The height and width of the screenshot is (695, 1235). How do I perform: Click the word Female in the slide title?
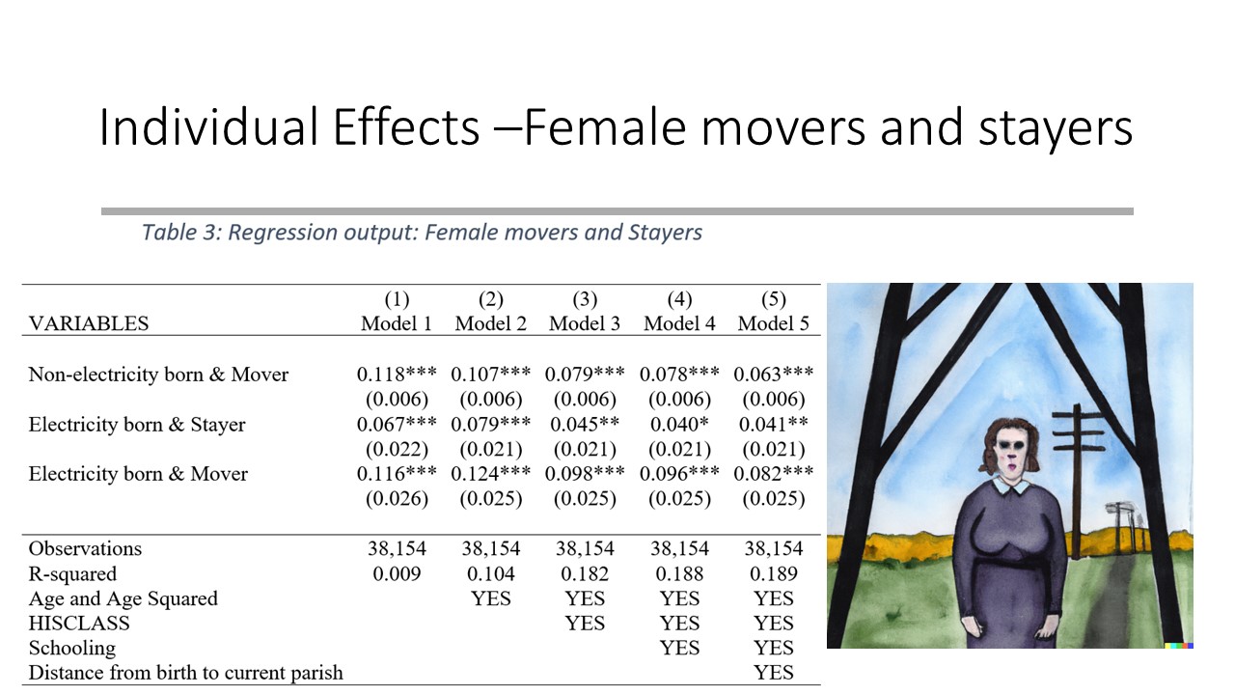pyautogui.click(x=604, y=127)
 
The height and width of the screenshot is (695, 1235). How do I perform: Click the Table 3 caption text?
pyautogui.click(x=422, y=233)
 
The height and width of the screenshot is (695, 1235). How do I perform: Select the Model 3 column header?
pyautogui.click(x=585, y=323)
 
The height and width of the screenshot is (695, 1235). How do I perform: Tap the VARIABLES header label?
pyautogui.click(x=89, y=323)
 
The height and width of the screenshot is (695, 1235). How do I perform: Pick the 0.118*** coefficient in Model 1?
pyautogui.click(x=397, y=374)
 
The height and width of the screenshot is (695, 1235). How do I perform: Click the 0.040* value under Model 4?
pyautogui.click(x=679, y=424)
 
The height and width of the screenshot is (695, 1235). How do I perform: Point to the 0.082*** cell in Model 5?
pyautogui.click(x=774, y=473)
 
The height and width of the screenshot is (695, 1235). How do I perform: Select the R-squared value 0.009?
pyautogui.click(x=397, y=573)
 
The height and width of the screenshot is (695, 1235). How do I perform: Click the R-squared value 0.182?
pyautogui.click(x=585, y=573)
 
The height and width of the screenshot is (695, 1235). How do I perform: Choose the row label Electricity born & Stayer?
pyautogui.click(x=137, y=424)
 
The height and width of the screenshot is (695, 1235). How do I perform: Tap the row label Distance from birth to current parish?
pyautogui.click(x=186, y=673)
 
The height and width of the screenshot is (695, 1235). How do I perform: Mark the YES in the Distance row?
pyautogui.click(x=774, y=673)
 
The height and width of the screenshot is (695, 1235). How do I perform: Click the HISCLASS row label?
pyautogui.click(x=79, y=624)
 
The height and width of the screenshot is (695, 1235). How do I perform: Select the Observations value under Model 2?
pyautogui.click(x=491, y=548)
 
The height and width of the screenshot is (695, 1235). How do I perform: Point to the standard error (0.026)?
pyautogui.click(x=397, y=499)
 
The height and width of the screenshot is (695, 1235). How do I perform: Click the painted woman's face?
pyautogui.click(x=1011, y=448)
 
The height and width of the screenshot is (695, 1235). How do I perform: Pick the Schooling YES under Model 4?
pyautogui.click(x=679, y=648)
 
